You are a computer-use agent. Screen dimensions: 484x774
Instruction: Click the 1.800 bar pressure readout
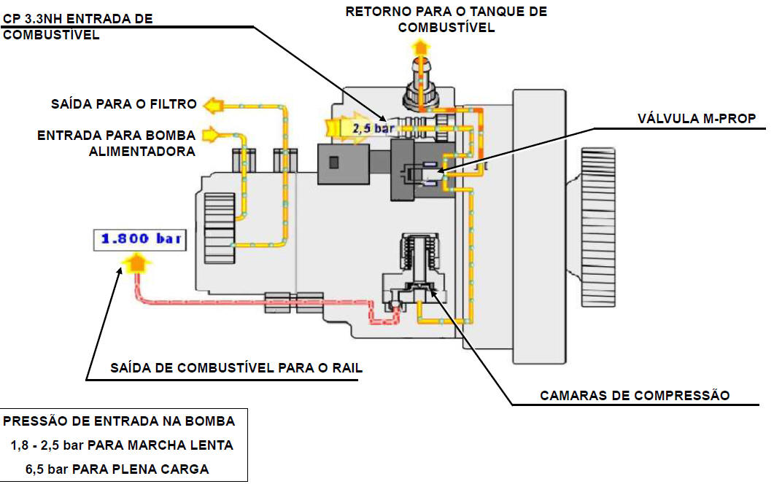(139, 238)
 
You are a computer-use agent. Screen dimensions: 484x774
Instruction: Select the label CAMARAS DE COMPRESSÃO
(634, 396)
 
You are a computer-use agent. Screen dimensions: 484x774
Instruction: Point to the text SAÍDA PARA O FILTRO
(123, 104)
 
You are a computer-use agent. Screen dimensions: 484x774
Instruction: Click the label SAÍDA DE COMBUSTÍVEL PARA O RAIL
(236, 368)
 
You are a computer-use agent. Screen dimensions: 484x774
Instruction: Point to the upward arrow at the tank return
(419, 49)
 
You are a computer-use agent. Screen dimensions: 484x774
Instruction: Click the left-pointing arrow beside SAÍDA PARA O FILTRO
(212, 105)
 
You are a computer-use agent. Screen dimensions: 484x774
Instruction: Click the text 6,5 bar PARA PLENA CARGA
(117, 469)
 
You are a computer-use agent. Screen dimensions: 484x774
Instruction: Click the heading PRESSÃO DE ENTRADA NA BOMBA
(120, 421)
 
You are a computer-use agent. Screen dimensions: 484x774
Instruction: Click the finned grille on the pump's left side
(219, 226)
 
